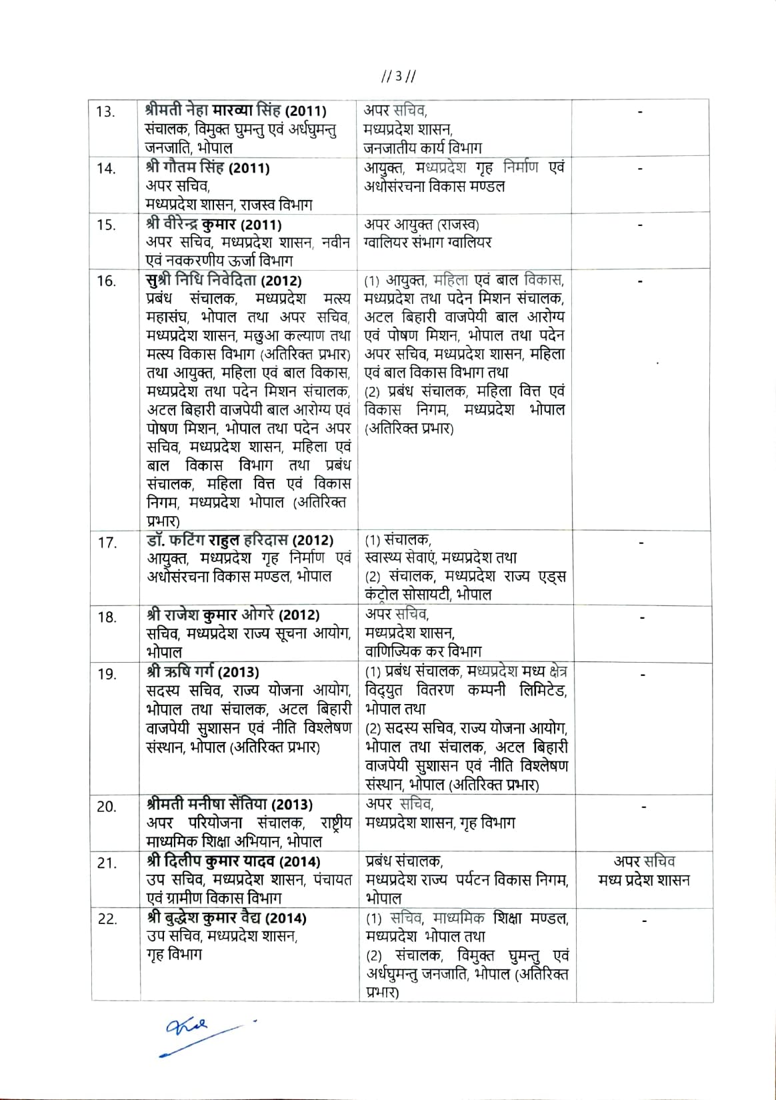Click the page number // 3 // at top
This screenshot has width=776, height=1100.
tap(398, 76)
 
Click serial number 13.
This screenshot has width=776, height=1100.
tap(106, 111)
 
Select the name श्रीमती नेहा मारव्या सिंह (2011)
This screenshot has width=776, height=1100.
tap(235, 110)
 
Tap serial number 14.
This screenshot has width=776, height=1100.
tap(106, 168)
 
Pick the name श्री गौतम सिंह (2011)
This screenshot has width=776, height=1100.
tap(207, 167)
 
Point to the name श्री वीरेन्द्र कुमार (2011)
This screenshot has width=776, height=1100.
tap(213, 225)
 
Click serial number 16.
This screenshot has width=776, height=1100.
tap(107, 281)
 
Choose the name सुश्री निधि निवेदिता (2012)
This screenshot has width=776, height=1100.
tap(223, 281)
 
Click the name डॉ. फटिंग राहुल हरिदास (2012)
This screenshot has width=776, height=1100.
tap(240, 540)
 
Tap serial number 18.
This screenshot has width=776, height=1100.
tap(107, 617)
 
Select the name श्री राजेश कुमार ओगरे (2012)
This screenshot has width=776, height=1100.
tap(233, 615)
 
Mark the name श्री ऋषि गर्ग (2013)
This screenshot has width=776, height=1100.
tap(203, 672)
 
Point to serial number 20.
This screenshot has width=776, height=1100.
tap(107, 807)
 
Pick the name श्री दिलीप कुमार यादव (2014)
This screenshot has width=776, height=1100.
tap(233, 861)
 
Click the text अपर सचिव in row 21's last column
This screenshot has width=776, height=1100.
tap(644, 861)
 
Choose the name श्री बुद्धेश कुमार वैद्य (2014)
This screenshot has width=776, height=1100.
tap(227, 918)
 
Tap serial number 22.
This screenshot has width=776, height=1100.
tap(107, 919)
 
